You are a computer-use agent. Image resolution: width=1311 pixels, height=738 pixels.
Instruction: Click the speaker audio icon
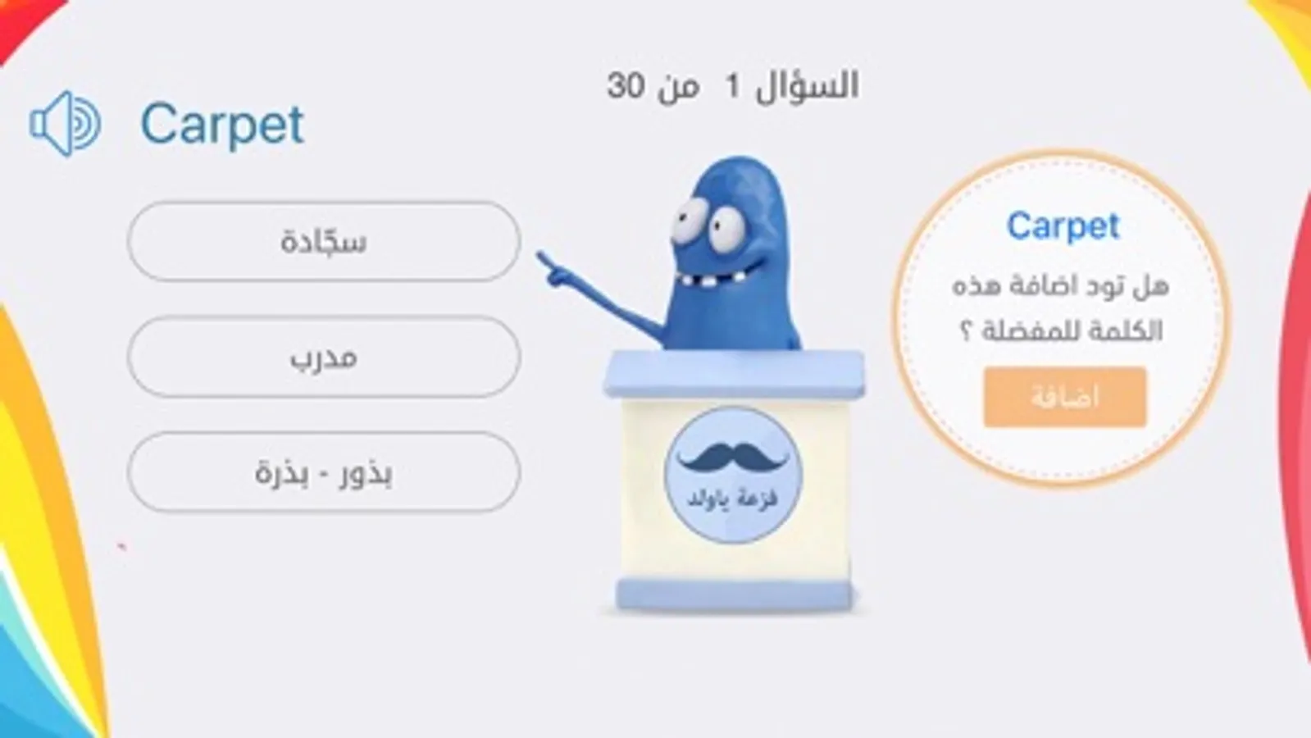pyautogui.click(x=66, y=124)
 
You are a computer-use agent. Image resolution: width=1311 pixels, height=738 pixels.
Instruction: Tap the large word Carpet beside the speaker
pyautogui.click(x=222, y=125)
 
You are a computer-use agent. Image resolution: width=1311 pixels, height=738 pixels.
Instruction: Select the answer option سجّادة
pyautogui.click(x=324, y=241)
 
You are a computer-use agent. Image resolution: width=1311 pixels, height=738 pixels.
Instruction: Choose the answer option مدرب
pyautogui.click(x=324, y=357)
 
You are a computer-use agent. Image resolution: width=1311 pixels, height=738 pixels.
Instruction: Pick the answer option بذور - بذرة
pyautogui.click(x=324, y=472)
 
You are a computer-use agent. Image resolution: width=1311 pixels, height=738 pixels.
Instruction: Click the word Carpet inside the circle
pyautogui.click(x=1063, y=227)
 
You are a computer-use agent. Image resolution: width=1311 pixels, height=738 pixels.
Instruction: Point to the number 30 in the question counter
pyautogui.click(x=626, y=87)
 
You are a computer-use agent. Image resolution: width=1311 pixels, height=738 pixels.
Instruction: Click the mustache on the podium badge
pyautogui.click(x=733, y=457)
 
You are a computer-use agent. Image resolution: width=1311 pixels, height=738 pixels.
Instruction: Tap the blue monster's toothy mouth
pyautogui.click(x=721, y=275)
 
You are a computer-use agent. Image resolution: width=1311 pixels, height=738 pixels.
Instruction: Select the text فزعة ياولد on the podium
pyautogui.click(x=732, y=499)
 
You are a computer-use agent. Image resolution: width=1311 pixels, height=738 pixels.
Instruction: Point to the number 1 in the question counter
pyautogui.click(x=732, y=87)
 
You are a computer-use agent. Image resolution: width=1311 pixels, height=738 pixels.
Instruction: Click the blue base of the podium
pyautogui.click(x=735, y=594)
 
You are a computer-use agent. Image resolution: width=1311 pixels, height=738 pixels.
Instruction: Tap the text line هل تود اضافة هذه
pyautogui.click(x=1060, y=286)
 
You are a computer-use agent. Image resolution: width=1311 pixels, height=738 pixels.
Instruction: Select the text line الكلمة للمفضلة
pyautogui.click(x=1072, y=331)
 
